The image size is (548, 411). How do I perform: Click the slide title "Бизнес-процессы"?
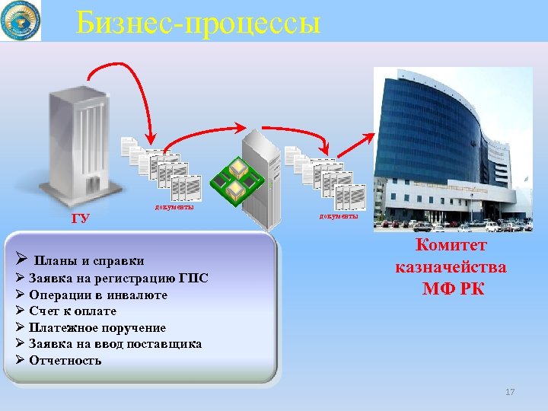(x=198, y=21)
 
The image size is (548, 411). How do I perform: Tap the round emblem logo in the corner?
(x=21, y=21)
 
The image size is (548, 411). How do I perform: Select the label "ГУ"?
(x=80, y=219)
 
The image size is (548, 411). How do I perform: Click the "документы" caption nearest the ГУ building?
(x=174, y=206)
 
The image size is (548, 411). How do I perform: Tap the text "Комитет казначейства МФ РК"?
(x=451, y=267)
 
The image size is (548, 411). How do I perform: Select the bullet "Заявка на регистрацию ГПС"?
(x=118, y=278)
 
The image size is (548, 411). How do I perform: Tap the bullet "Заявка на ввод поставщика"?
(x=115, y=343)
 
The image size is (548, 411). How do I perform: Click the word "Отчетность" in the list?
(x=65, y=360)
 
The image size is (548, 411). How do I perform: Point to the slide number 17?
(x=510, y=391)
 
